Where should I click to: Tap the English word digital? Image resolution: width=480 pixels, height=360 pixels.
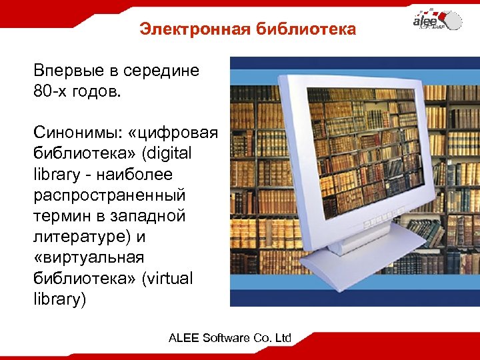[167, 153]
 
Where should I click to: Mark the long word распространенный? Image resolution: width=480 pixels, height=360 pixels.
[110, 195]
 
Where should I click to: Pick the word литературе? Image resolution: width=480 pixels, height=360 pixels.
[80, 237]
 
